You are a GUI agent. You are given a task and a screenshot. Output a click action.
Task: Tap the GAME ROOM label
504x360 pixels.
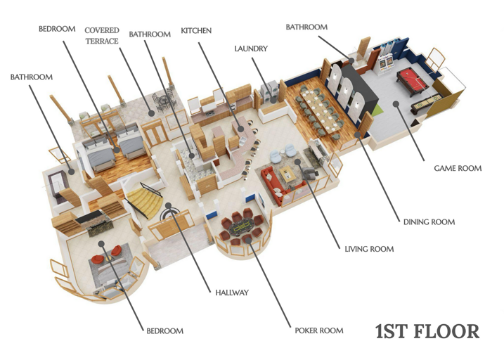[x=458, y=168]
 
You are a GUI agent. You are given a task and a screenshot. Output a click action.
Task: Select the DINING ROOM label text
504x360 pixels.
[x=429, y=221]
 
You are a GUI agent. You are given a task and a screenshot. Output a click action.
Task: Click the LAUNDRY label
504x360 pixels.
[x=251, y=49]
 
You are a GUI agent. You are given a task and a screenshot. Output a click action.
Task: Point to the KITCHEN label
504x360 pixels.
[x=196, y=30]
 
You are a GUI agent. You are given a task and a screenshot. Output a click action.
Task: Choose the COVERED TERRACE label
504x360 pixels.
[x=102, y=36]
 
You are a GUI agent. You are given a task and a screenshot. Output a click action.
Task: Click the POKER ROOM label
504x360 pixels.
[x=319, y=330]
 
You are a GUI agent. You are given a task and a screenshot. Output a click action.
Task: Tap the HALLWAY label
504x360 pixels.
[x=232, y=292]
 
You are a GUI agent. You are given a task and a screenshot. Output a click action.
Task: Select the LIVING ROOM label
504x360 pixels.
[x=369, y=249]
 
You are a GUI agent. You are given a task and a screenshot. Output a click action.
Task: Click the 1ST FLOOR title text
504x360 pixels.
[x=427, y=331]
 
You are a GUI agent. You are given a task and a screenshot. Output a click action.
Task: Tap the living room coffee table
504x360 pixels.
[x=287, y=174]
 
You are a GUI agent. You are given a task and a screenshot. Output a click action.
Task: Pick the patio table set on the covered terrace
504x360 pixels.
[x=164, y=102]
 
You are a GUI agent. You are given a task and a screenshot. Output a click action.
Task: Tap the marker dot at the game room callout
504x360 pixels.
[x=396, y=104]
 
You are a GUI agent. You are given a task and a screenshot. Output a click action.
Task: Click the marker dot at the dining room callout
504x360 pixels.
[x=356, y=134]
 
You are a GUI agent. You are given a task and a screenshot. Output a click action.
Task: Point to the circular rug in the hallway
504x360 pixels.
[x=169, y=214]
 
